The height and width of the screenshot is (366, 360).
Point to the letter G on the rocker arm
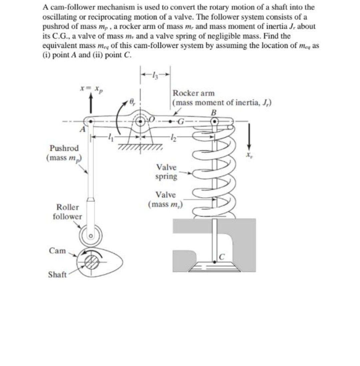point(182,121)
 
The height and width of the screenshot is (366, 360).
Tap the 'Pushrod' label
point(64,148)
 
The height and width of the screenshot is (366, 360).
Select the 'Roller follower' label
point(67,212)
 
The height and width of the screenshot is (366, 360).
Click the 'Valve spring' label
point(167,172)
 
